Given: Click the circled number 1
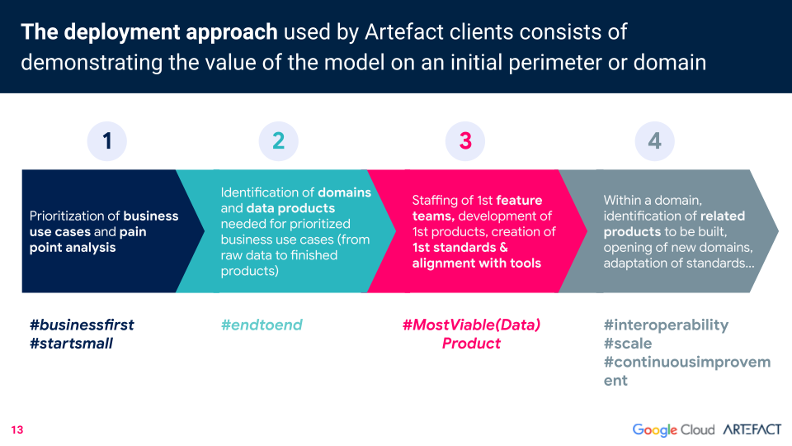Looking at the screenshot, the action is coord(107,141).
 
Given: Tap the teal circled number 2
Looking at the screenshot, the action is coord(278,141).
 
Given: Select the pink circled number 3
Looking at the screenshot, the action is coord(465,141).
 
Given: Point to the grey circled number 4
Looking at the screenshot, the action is coord(654,141).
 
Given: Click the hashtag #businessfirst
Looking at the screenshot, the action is coord(82,325).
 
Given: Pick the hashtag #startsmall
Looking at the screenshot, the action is coord(71,344).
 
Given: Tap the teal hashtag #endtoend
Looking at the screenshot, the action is coord(262,325).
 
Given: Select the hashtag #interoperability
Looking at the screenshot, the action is coord(667,325).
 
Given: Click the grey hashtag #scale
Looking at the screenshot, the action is coord(628,344).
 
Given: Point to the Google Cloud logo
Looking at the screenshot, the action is coord(673,429).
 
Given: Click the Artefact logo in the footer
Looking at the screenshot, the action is coord(752,429).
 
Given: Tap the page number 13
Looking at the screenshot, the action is coord(17,429).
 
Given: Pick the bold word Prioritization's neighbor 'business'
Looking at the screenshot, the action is coord(150,216).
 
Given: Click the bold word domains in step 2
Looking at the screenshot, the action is coord(345,192).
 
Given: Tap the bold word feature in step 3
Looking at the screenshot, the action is coord(519,200).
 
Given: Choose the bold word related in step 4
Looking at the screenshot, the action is coord(720,216).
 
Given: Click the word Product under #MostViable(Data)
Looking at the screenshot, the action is coord(471,344).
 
